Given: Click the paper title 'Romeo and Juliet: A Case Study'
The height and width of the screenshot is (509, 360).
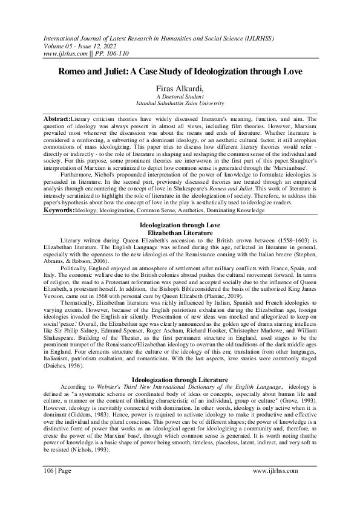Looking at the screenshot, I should (180, 71).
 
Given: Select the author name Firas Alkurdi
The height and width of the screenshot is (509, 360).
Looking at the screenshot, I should (180, 88).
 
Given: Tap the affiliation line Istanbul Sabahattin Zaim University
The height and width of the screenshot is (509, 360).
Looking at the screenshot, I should (180, 104).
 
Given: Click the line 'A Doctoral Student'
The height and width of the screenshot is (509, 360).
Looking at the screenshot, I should (180, 97).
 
